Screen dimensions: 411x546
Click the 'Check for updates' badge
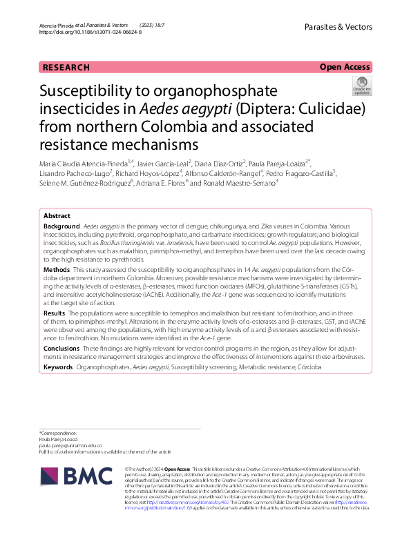point(361,86)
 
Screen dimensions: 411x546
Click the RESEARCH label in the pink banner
point(66,67)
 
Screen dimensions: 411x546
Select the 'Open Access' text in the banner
point(345,67)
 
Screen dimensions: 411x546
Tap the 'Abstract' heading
point(57,215)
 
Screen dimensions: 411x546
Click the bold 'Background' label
point(61,226)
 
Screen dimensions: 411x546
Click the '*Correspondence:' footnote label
point(58,432)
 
